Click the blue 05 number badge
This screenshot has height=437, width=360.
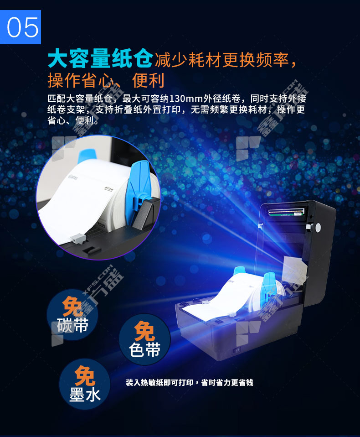[21, 27]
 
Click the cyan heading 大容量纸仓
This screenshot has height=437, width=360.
[100, 58]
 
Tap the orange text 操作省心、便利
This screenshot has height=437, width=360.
[106, 81]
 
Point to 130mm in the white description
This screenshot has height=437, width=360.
[186, 99]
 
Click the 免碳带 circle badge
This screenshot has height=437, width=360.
[72, 315]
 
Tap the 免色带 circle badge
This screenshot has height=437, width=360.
[145, 339]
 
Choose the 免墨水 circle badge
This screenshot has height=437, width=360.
[85, 384]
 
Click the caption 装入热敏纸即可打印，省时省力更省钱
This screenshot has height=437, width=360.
[189, 383]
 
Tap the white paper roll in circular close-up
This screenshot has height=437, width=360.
[83, 195]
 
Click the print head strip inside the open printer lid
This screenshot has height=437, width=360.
[286, 212]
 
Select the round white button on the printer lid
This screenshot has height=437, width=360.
[318, 228]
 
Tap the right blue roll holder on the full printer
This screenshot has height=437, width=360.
[269, 290]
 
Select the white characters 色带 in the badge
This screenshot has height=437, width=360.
[145, 349]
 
